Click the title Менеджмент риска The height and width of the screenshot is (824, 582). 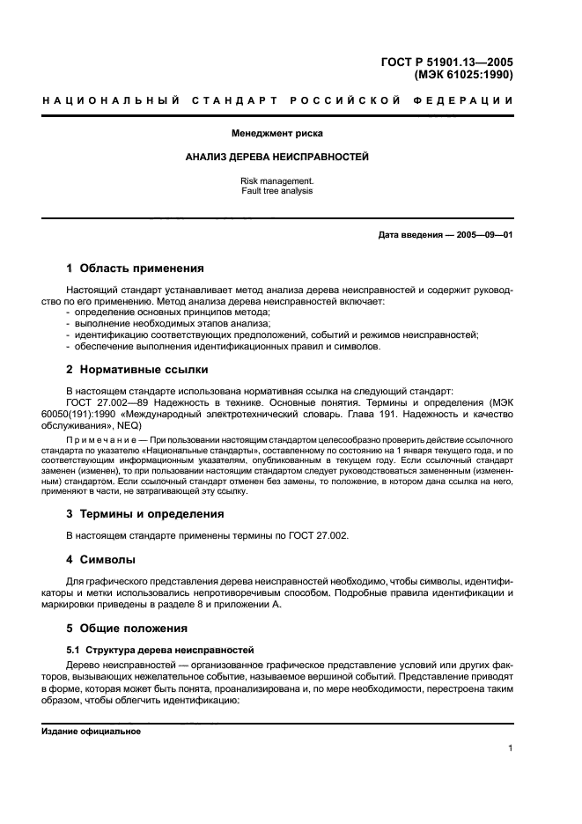coord(277,134)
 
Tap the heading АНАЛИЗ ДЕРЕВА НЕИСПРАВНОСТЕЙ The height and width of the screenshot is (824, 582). coord(276,157)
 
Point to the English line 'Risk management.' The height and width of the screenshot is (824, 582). coord(276,180)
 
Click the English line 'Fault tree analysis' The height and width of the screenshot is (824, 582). coord(276,190)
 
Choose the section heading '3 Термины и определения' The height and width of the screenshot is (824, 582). coord(145,513)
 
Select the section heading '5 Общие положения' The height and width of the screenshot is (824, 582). coord(128,629)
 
